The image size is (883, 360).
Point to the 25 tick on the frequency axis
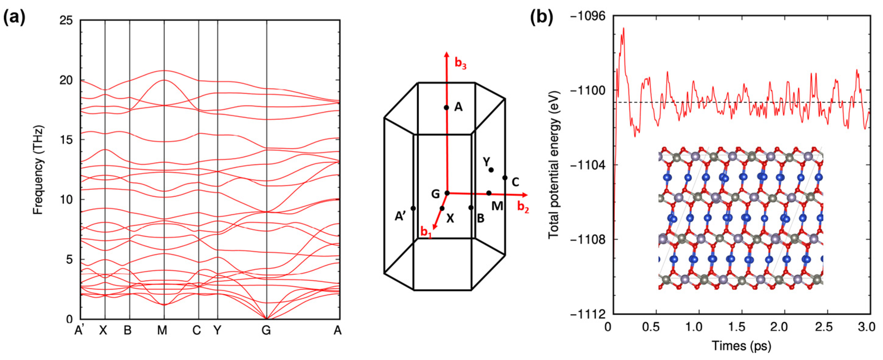(x=66, y=21)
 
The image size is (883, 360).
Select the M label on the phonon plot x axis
(x=162, y=331)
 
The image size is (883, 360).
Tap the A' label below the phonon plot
(x=80, y=331)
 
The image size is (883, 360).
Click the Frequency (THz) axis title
(x=39, y=170)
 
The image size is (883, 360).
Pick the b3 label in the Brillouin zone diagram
(x=460, y=64)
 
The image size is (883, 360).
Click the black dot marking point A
(x=446, y=108)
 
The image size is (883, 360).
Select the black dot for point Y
(x=491, y=170)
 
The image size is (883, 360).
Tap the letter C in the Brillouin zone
(x=515, y=182)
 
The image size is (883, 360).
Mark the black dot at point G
(x=447, y=193)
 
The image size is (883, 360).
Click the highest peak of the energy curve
(x=624, y=29)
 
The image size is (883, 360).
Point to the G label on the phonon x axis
(x=266, y=331)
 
